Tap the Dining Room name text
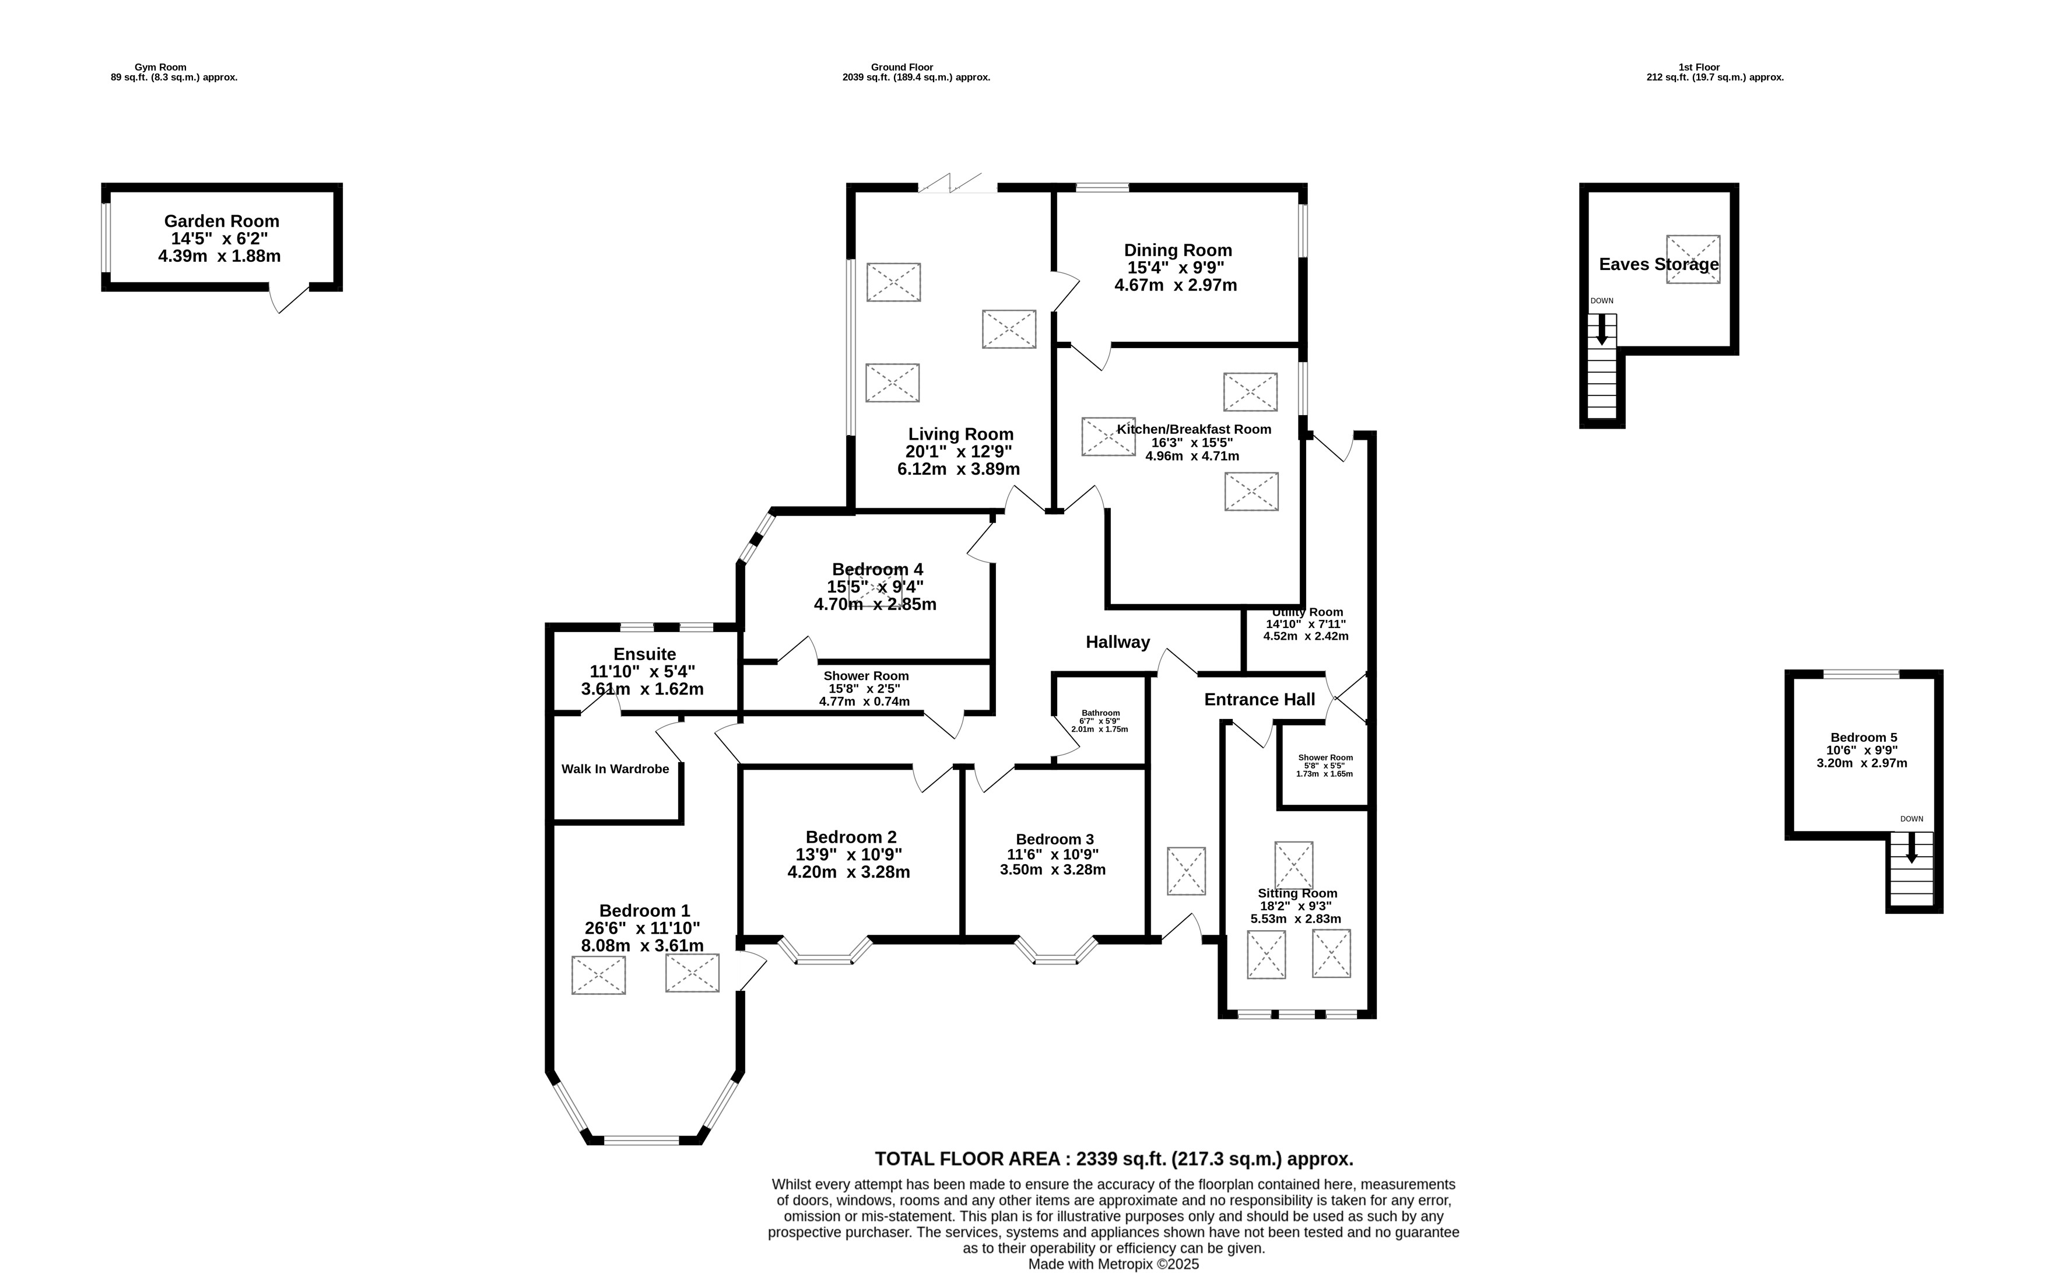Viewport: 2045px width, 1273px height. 1178,250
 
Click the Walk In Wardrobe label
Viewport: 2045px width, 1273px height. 615,769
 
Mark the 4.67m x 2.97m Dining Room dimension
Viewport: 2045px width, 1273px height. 1176,285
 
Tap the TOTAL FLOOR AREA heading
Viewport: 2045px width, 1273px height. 1114,1159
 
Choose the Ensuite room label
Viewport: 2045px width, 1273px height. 644,654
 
